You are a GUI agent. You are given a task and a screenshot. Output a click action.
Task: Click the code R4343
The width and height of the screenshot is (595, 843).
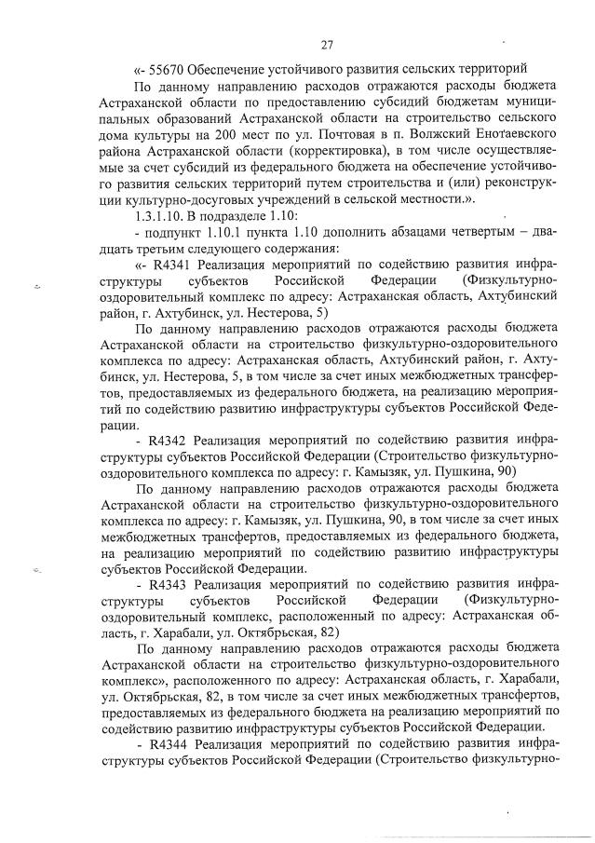click(171, 584)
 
